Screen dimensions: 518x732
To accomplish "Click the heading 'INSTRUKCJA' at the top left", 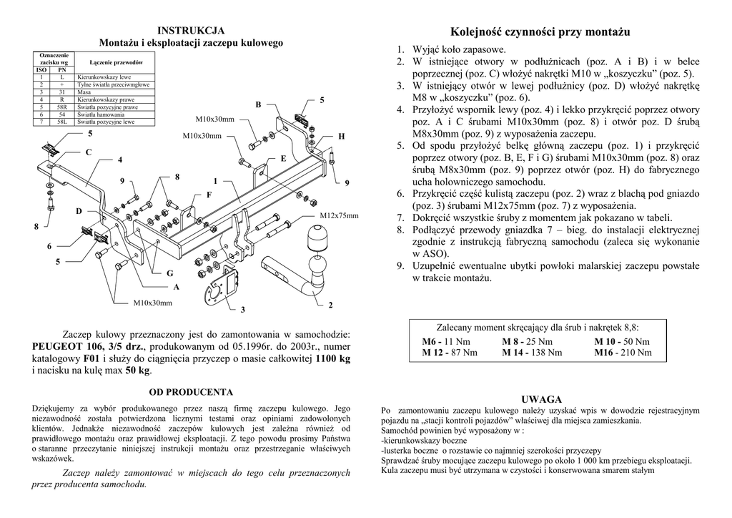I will point(191,30).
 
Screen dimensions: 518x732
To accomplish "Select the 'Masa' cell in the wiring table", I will point(84,92).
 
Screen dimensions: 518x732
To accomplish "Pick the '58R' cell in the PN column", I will point(62,107).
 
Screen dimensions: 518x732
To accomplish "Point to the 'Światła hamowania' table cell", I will point(101,114).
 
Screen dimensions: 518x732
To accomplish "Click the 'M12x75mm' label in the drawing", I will point(338,215).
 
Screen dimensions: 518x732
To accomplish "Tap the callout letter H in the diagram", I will point(341,136).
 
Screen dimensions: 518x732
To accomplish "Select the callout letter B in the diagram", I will point(258,105).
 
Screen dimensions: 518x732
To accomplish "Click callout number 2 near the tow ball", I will point(330,306).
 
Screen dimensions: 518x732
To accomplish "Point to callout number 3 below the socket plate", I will point(242,309).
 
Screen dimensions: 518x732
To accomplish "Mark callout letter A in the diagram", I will point(176,287).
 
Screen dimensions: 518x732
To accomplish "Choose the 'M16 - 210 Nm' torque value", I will point(623,353).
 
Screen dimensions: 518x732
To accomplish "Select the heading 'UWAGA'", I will point(541,399).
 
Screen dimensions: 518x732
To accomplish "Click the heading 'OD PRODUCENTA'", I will point(191,392).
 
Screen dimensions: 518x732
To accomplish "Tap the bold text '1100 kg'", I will point(333,358).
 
